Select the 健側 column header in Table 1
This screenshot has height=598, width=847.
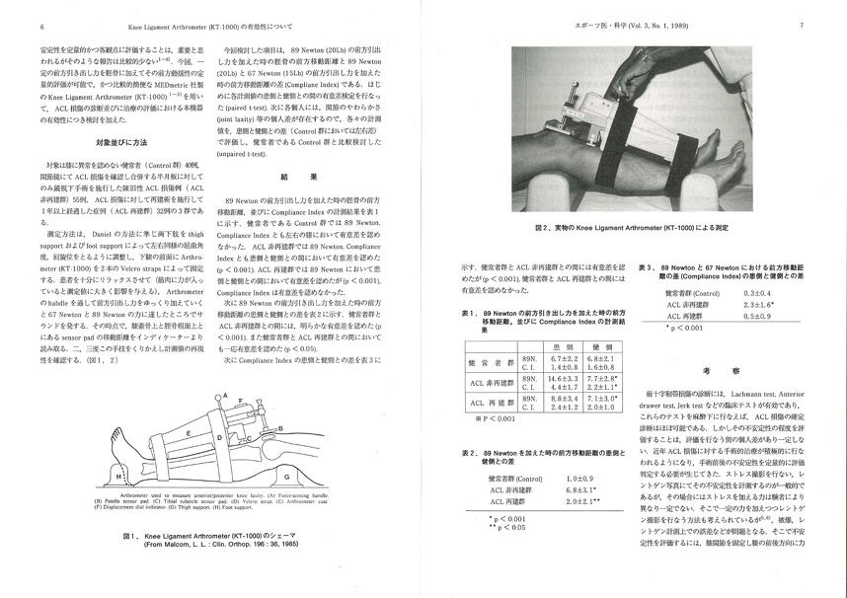pyautogui.click(x=599, y=347)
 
